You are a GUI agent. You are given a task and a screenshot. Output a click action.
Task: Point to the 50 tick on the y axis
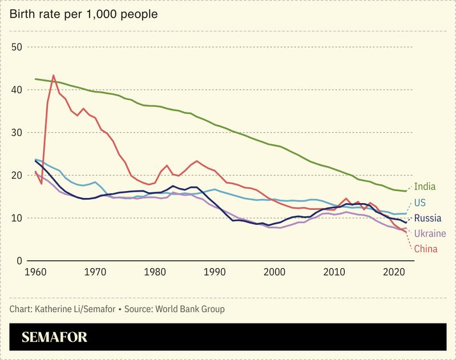click(16, 47)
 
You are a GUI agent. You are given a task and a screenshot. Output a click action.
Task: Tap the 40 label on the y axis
click(16, 90)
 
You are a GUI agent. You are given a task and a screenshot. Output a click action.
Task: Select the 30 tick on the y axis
click(16, 132)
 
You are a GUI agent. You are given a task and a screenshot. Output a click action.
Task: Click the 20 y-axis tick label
click(16, 175)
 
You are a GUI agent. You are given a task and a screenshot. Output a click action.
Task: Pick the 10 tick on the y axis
click(16, 218)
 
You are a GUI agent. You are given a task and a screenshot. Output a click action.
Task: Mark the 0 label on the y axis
click(19, 261)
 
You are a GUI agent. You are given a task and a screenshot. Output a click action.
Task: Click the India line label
click(425, 186)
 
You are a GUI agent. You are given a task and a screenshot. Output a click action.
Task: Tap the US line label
click(421, 202)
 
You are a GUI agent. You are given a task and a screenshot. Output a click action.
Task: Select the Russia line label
click(427, 218)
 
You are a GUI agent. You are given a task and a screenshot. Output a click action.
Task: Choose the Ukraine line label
click(430, 233)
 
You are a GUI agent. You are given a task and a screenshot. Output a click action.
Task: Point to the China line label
click(426, 248)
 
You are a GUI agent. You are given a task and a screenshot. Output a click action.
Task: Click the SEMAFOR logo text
click(54, 337)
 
